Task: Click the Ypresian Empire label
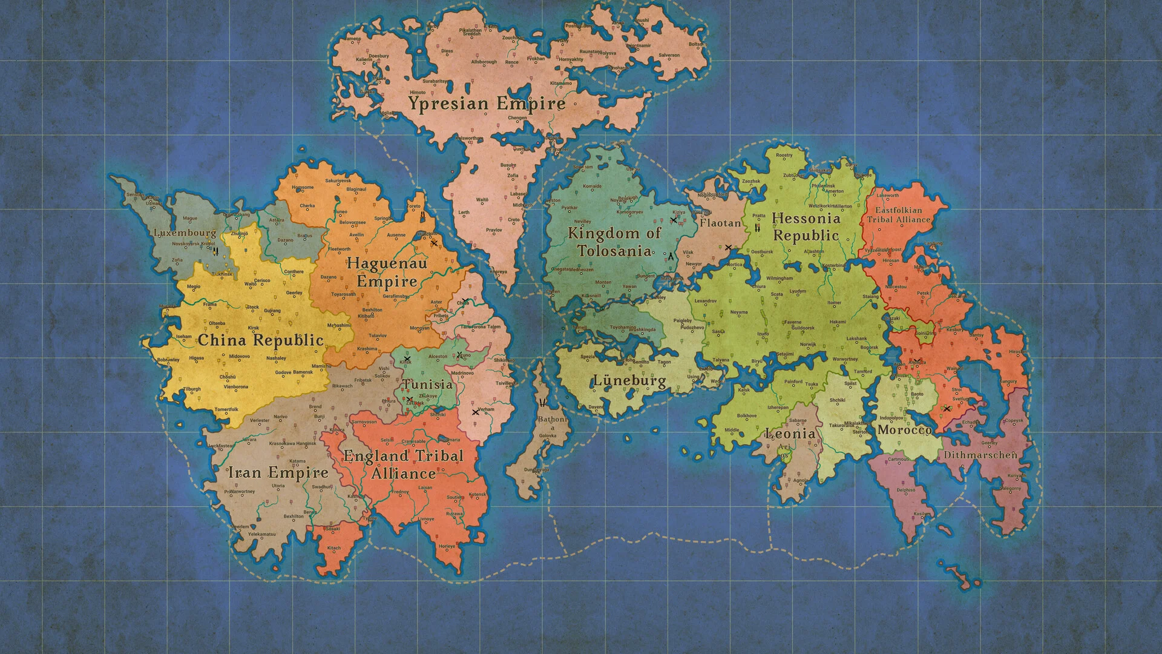pos(487,104)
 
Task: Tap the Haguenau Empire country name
pos(387,272)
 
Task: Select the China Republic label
pos(260,340)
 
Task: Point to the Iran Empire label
pos(278,472)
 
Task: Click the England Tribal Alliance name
pos(403,464)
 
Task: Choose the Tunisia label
pos(428,385)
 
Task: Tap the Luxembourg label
pos(185,233)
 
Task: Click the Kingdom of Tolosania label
pos(614,242)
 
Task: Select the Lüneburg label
pos(629,381)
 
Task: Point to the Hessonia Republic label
pos(806,227)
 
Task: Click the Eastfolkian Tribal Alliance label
pos(899,215)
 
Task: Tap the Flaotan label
pos(720,223)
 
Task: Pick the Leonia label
pos(790,434)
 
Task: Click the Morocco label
pos(904,430)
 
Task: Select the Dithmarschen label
pos(980,455)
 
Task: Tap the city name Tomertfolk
pos(226,410)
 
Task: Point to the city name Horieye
pos(447,546)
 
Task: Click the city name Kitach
pos(333,548)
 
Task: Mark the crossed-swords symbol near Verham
pos(475,412)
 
